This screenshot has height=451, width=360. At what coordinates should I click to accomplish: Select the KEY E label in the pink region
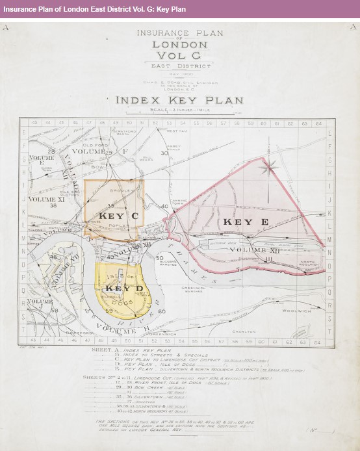[237, 222]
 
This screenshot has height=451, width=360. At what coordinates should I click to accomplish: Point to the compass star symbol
[266, 168]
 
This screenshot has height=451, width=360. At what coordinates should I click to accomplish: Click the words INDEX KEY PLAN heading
[179, 101]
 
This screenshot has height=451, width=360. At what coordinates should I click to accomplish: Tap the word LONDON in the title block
[179, 45]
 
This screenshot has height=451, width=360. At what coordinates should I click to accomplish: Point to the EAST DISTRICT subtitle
[179, 66]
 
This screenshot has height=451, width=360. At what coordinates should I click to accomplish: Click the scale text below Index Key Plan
[179, 110]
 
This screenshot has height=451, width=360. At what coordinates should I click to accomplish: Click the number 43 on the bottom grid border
[32, 341]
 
